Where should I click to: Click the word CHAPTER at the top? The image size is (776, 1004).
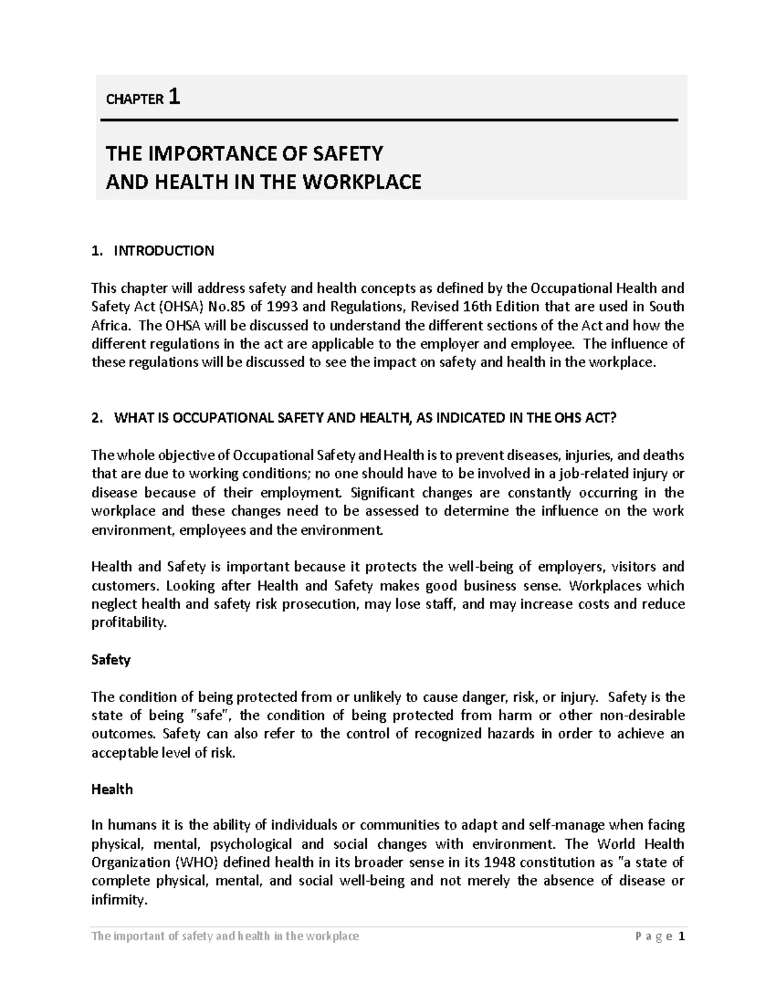click(x=134, y=100)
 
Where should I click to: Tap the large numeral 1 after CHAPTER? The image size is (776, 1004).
click(x=173, y=97)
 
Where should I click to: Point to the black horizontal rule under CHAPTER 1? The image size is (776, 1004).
click(x=388, y=120)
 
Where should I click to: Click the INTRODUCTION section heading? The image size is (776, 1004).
click(x=164, y=251)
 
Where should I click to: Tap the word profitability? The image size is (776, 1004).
click(x=129, y=623)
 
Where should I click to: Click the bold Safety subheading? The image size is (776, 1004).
click(x=111, y=660)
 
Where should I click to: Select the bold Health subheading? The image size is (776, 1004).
click(x=112, y=789)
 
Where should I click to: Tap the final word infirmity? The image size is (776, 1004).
click(x=119, y=900)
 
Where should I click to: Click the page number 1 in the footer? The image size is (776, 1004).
click(x=681, y=937)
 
